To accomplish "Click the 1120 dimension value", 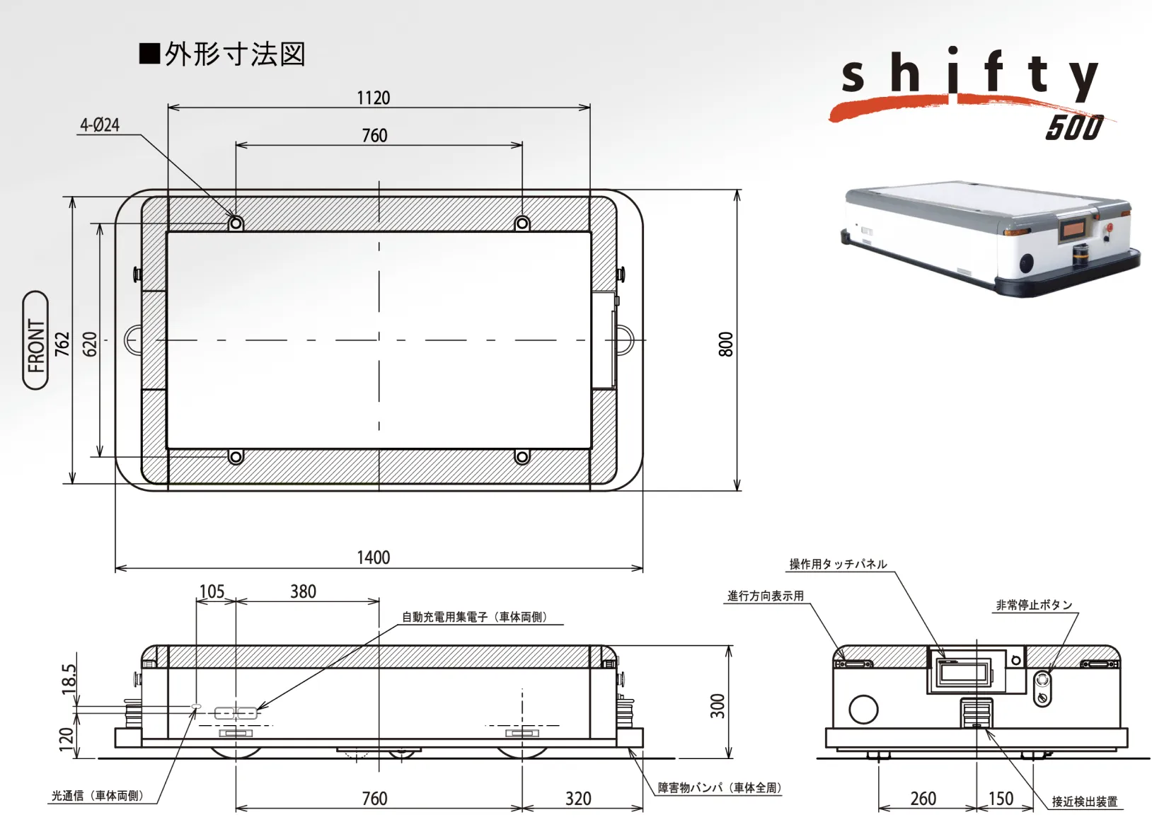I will (x=373, y=98).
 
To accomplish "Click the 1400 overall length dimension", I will (x=373, y=557).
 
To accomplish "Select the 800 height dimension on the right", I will (x=725, y=344).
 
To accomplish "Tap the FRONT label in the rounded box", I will (x=36, y=340).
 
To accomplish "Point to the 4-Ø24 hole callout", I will (x=100, y=125).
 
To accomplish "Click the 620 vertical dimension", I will (x=90, y=344).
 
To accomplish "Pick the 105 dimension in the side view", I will (x=212, y=591).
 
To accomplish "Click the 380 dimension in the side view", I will (x=303, y=591).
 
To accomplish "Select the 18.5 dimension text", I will (x=68, y=679).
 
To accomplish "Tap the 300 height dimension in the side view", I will (x=717, y=705).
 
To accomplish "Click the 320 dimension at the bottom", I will (x=577, y=799).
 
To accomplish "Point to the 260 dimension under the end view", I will (x=923, y=799).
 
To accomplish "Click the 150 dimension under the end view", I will (x=1000, y=799).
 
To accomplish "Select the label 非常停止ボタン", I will (x=1034, y=605).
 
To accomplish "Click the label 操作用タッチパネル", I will (x=838, y=564).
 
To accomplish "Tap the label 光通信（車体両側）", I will (x=97, y=796).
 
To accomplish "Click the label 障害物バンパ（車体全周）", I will (x=719, y=787).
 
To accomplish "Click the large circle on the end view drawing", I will (x=863, y=709).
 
